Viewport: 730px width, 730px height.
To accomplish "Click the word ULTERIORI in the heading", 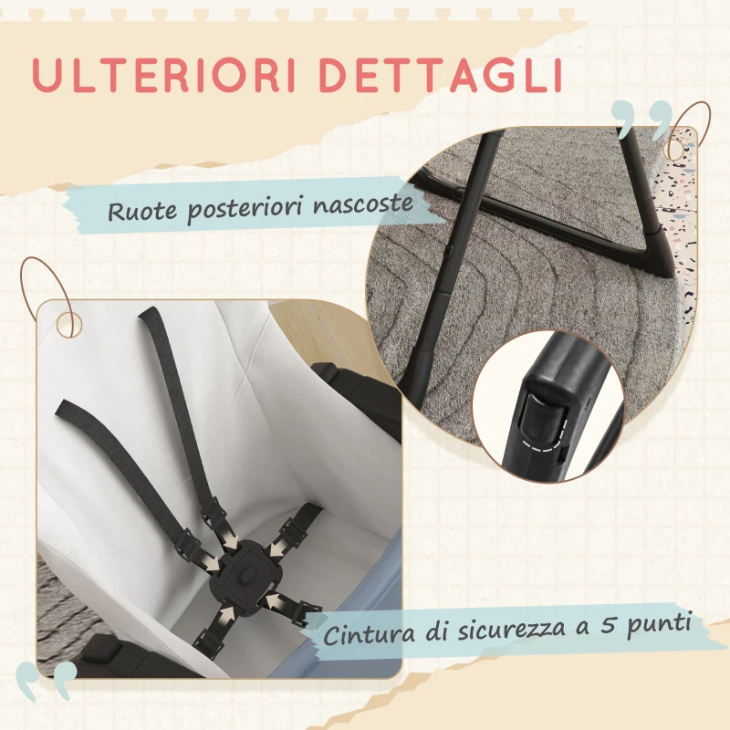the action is point(164,75).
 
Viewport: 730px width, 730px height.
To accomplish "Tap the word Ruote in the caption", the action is point(143,211).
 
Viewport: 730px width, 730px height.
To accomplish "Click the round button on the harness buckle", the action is point(248,575).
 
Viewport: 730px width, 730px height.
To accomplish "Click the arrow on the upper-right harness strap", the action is point(275,549).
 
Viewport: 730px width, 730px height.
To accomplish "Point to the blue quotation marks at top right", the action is point(641,120).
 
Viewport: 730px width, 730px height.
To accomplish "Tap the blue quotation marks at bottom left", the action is point(46,681).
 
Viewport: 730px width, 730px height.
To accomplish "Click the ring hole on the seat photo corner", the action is point(69,325).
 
